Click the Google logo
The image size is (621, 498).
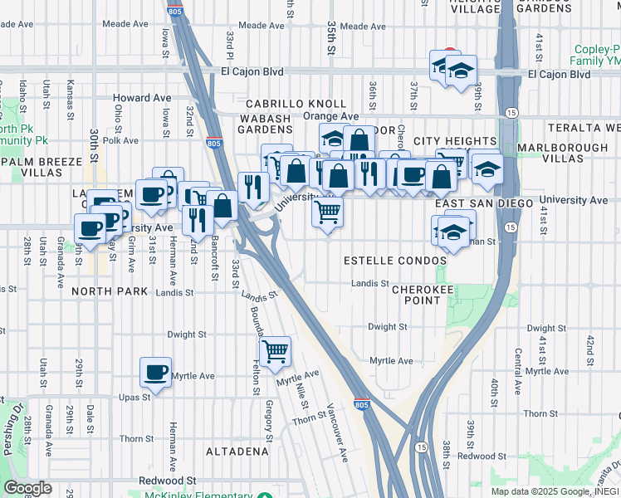[x=27, y=488]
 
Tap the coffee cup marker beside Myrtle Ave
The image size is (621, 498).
[x=154, y=373]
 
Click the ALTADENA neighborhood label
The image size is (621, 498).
[x=237, y=452]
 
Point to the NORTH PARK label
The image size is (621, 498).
[x=109, y=291]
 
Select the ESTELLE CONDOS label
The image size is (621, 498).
[x=395, y=261]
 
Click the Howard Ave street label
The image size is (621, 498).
[x=142, y=98]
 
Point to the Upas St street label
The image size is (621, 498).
[x=134, y=397]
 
